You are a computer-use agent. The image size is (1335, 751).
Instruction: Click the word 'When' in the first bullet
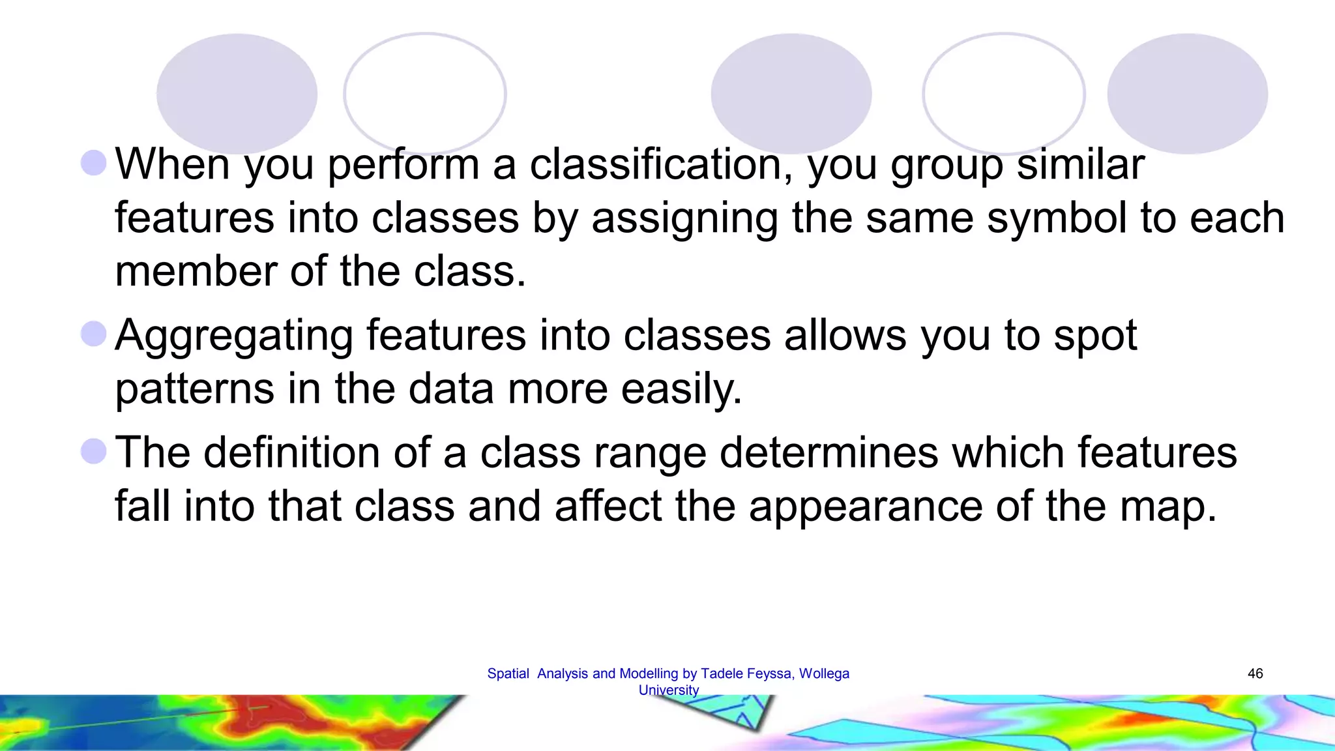point(172,164)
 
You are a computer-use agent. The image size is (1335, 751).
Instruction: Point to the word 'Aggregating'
point(234,336)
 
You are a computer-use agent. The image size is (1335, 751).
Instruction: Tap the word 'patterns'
point(195,389)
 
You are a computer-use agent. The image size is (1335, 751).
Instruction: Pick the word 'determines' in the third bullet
point(829,452)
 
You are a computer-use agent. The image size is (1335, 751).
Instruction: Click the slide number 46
point(1255,673)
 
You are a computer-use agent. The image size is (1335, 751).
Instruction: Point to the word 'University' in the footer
point(668,690)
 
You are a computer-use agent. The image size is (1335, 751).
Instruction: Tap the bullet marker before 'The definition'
point(94,451)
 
